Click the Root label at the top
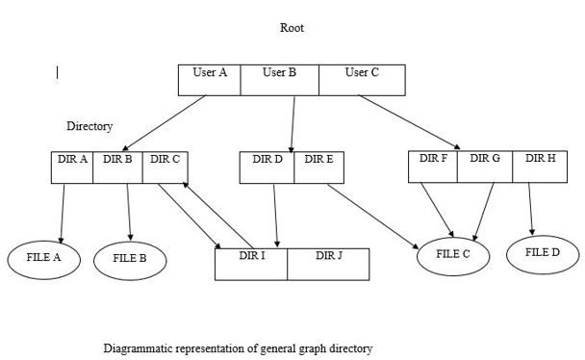[292, 28]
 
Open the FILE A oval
[44, 257]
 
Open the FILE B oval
[130, 259]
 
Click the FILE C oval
[453, 254]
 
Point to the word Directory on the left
[89, 126]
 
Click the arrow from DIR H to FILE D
[531, 208]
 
